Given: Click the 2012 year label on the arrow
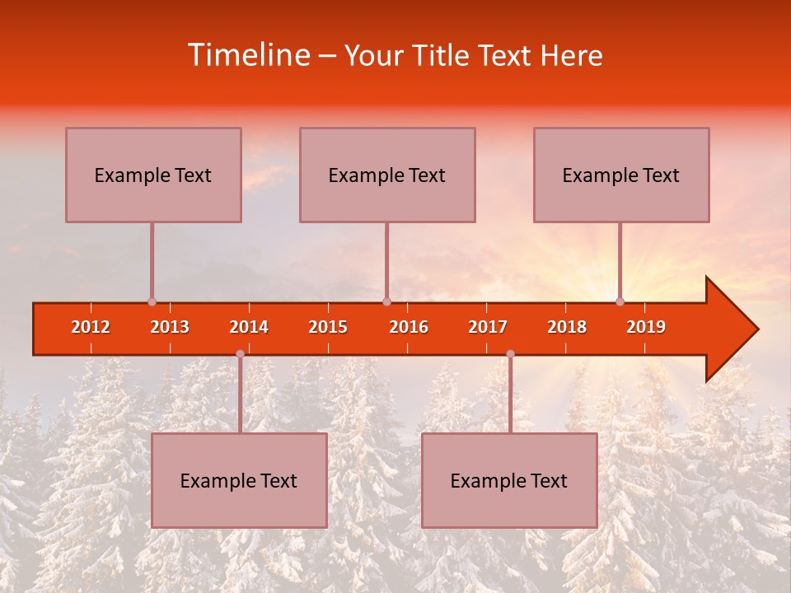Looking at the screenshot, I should point(91,327).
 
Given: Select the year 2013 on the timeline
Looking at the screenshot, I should point(170,327).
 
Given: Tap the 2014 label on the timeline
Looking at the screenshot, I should point(249,327).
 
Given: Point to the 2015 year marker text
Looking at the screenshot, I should point(328,327).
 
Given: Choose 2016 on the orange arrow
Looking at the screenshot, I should point(409,327).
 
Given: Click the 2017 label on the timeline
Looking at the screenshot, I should point(488,327).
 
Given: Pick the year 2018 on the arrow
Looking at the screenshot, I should point(567,327).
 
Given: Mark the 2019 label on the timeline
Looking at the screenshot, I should point(646,327).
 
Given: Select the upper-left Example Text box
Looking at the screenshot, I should point(153,175).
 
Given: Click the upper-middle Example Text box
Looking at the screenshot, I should point(387,175).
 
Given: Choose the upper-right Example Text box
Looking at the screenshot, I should point(621,175).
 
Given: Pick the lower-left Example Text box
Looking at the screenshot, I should point(239,480).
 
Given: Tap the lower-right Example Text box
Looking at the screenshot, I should point(509,480).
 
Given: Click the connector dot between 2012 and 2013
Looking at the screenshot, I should point(152,301).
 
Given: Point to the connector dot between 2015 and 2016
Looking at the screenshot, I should point(386,301).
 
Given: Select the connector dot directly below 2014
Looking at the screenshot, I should point(240,353).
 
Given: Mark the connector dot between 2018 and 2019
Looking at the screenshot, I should point(620,301).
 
